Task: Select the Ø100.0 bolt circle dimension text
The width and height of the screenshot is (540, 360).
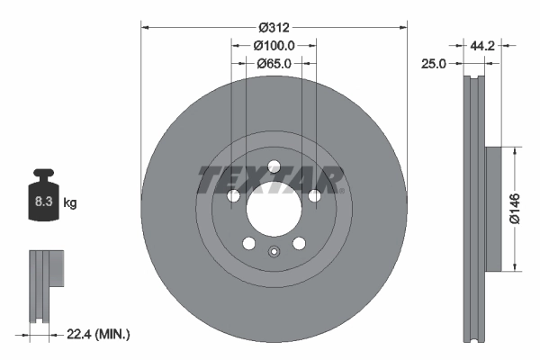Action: click(x=274, y=44)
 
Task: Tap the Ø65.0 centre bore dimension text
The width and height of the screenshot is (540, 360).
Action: click(x=274, y=63)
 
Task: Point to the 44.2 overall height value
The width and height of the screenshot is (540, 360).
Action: click(x=484, y=43)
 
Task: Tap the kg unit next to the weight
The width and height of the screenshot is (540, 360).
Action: click(x=69, y=203)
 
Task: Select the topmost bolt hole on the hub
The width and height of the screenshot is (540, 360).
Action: click(x=274, y=166)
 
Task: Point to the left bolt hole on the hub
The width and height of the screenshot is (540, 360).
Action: click(x=233, y=196)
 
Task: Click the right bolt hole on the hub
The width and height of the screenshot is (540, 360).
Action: click(x=314, y=196)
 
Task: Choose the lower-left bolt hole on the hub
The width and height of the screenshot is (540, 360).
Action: click(x=248, y=243)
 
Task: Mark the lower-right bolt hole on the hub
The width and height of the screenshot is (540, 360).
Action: click(x=299, y=243)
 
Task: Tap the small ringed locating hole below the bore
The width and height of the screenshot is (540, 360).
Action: click(x=274, y=250)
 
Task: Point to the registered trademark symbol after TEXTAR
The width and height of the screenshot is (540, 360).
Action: click(x=341, y=189)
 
